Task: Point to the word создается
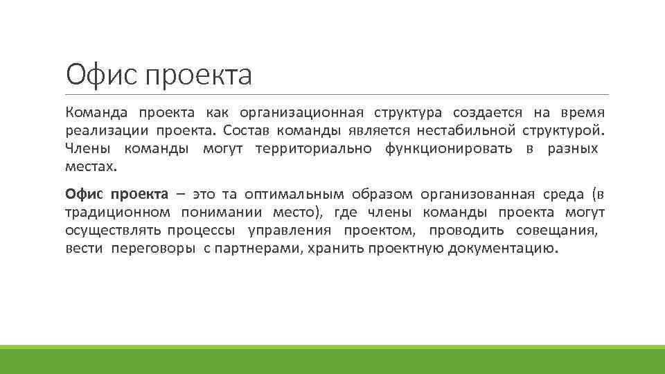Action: pos(483,112)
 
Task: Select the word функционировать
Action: pos(449,148)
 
